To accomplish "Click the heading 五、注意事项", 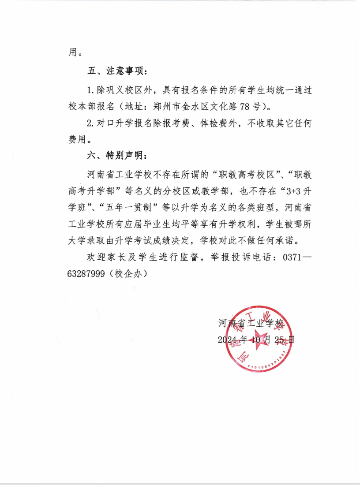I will pyautogui.click(x=116, y=71).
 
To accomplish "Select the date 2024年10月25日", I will pyautogui.click(x=256, y=339).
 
